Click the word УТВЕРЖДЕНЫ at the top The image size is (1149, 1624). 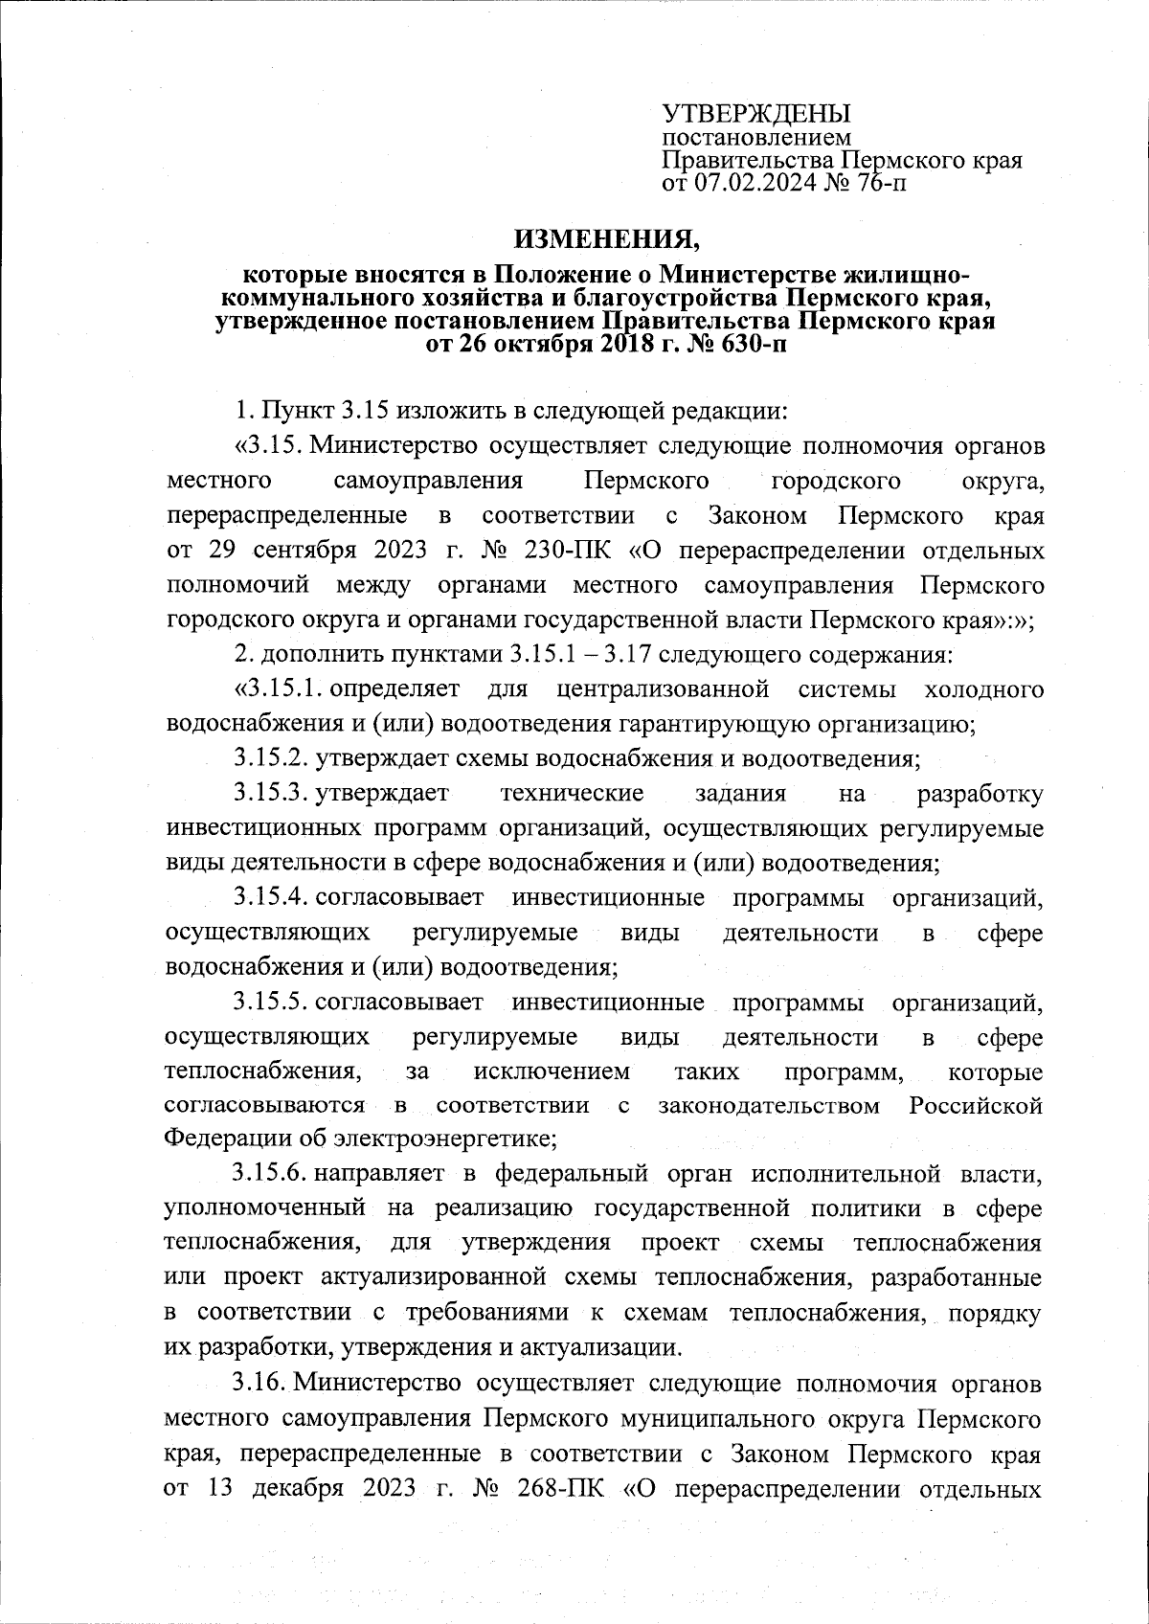coord(756,114)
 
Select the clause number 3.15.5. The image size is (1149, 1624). coord(270,1004)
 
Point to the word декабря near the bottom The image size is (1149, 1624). coord(299,1490)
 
